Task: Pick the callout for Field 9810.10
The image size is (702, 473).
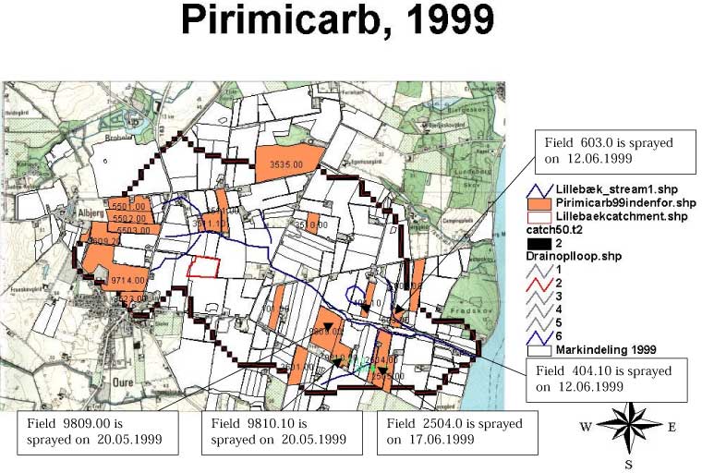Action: [274, 431]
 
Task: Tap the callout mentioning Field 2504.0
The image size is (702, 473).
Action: [458, 431]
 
